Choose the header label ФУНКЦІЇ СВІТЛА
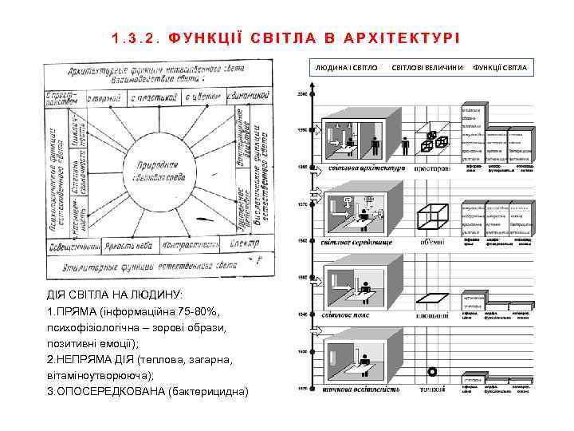[500, 67]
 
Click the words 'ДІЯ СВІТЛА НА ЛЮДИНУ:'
[115, 295]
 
